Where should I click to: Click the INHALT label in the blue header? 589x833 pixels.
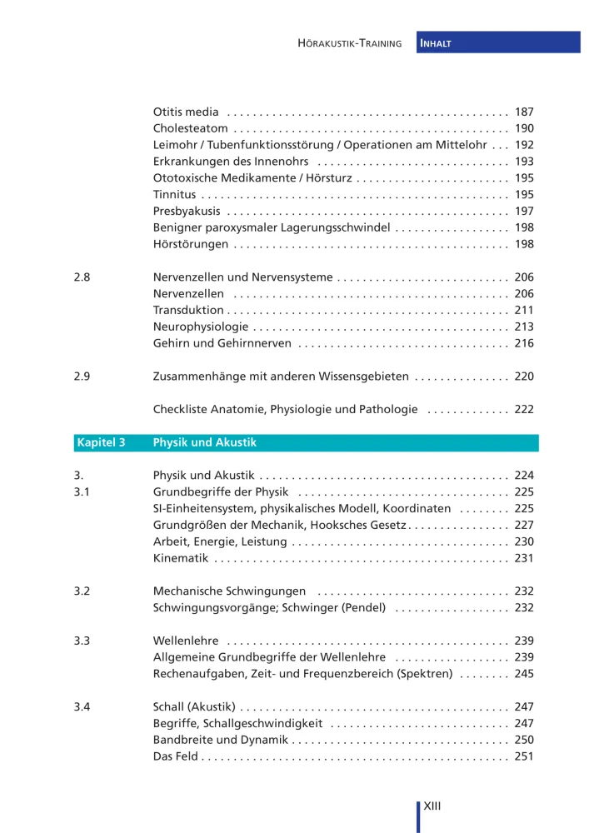point(437,43)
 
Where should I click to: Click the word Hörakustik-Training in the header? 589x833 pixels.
point(350,43)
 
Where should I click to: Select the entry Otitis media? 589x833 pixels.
point(186,112)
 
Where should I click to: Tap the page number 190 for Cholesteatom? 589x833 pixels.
point(524,128)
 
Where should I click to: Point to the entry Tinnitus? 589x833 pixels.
point(175,194)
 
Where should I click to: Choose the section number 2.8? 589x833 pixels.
point(82,277)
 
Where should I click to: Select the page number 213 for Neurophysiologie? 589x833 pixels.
point(524,327)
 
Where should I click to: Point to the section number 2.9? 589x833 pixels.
point(82,377)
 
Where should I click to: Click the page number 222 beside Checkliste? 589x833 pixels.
point(524,409)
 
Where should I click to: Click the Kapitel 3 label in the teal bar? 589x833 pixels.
point(101,442)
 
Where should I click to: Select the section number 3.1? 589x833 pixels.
point(82,492)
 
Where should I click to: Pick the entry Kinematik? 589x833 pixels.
point(180,558)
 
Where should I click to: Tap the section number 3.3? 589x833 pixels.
point(82,641)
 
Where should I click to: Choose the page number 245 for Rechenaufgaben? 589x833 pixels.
point(524,674)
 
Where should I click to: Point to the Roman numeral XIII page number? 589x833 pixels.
point(432,806)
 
